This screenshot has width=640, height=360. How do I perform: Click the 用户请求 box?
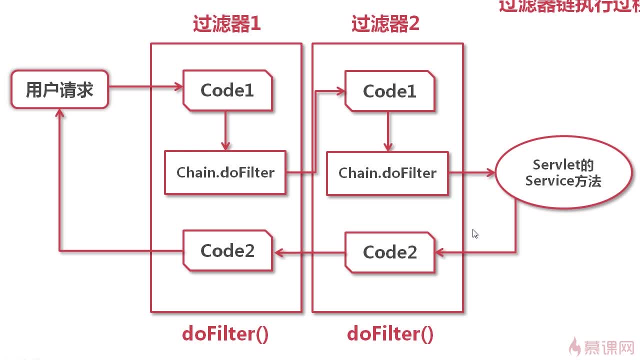point(59,89)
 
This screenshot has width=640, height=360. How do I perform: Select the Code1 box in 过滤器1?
point(227,90)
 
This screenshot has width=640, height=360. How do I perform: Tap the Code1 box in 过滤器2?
point(389,91)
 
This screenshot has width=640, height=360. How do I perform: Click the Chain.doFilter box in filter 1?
point(225,172)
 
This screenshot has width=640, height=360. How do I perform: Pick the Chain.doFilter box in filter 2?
point(387,173)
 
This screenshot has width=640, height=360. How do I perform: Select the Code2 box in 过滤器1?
point(227,250)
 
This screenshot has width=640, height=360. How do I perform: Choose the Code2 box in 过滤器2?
point(389,252)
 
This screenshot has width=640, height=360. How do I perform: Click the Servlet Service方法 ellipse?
point(563,173)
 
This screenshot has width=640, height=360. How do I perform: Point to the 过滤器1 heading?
point(226,24)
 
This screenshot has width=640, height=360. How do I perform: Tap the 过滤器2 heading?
point(385,24)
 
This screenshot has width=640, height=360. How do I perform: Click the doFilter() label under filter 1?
point(225,333)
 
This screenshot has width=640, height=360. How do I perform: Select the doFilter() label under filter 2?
point(390,333)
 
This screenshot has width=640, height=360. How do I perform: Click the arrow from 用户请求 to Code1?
point(145,87)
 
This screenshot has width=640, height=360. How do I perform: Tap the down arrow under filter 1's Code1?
point(225,130)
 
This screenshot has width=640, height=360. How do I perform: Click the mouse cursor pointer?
point(474,233)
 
